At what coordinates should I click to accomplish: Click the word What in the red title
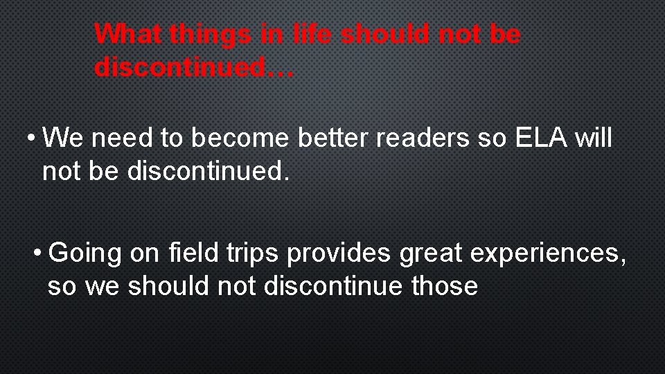coord(128,33)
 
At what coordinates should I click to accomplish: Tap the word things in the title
coord(209,33)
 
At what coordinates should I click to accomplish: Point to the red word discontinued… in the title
coord(195,67)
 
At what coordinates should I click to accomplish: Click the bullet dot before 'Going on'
coord(39,253)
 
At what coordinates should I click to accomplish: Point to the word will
coord(590,138)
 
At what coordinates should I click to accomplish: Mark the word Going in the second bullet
coord(86,253)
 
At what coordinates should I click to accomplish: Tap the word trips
coord(253,253)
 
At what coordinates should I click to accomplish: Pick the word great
coord(432,253)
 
